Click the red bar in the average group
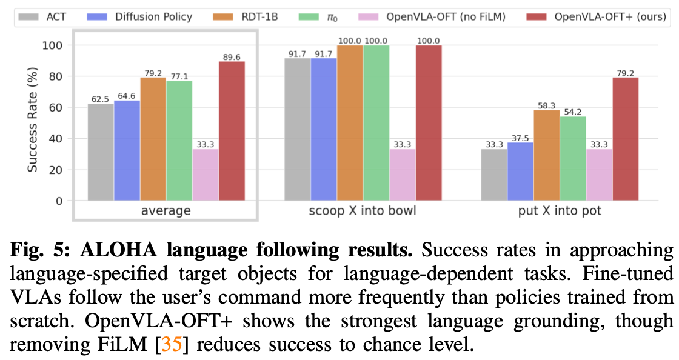pos(232,130)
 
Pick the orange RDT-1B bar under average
pos(153,139)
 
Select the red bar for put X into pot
pos(625,139)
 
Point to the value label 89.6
pos(232,56)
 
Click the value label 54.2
pos(573,112)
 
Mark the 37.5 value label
pos(520,138)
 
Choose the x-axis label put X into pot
pos(560,211)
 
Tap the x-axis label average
pos(166,211)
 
